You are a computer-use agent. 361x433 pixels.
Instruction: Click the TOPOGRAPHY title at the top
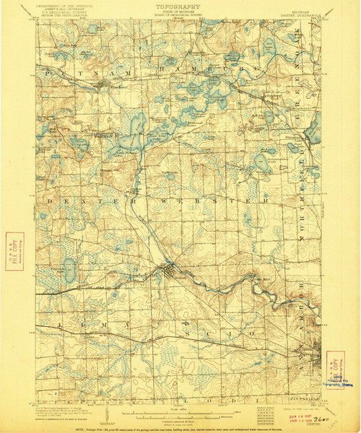click(x=179, y=6)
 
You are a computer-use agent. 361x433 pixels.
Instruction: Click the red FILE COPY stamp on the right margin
click(x=334, y=367)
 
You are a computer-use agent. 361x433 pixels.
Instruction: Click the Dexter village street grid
click(x=170, y=272)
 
